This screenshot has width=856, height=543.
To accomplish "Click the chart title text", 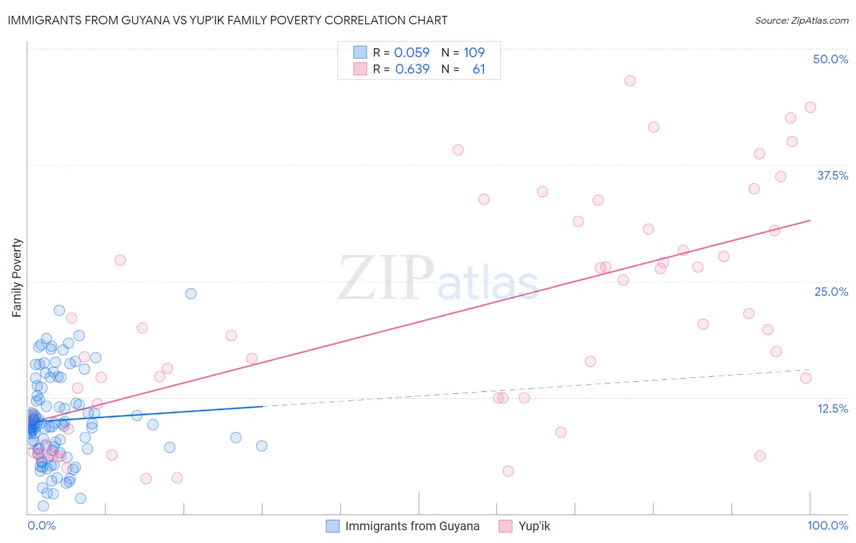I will point(227,20).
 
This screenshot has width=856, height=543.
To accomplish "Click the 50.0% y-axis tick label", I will point(830,59).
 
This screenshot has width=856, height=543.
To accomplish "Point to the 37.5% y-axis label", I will point(832,175).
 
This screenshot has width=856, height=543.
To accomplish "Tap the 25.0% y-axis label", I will point(831,292).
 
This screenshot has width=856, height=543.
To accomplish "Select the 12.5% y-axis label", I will point(832,408).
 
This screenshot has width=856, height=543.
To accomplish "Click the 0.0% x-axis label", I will point(41,525).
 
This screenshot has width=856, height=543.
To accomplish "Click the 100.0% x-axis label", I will point(827,525).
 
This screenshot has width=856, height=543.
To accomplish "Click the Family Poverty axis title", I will point(17,278).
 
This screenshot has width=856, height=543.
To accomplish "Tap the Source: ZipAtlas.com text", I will point(801,21).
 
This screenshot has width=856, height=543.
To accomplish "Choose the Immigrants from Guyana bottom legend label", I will point(412,527).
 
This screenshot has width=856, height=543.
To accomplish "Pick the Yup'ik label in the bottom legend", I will point(534,527).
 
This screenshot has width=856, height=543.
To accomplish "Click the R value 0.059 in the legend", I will point(412,52).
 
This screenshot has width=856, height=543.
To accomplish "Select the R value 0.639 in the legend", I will point(412,69).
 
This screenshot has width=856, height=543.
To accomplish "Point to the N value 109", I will point(474,52).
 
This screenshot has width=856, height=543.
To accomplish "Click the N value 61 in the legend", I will point(479,69).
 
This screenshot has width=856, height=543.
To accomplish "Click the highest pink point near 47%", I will point(630,80).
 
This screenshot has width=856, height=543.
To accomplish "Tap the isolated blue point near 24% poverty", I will point(191,293).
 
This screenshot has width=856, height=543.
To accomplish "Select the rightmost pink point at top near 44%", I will point(810,107).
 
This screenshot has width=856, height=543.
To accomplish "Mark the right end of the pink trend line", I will point(810,220).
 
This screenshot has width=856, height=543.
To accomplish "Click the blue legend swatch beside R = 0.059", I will point(360,52).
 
